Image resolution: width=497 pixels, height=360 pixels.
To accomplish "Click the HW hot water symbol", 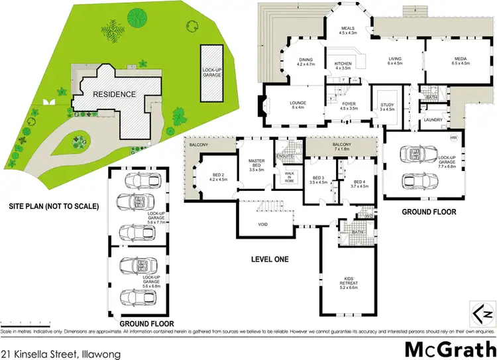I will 453,137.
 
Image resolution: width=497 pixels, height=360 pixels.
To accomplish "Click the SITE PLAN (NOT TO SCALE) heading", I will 54,206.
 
